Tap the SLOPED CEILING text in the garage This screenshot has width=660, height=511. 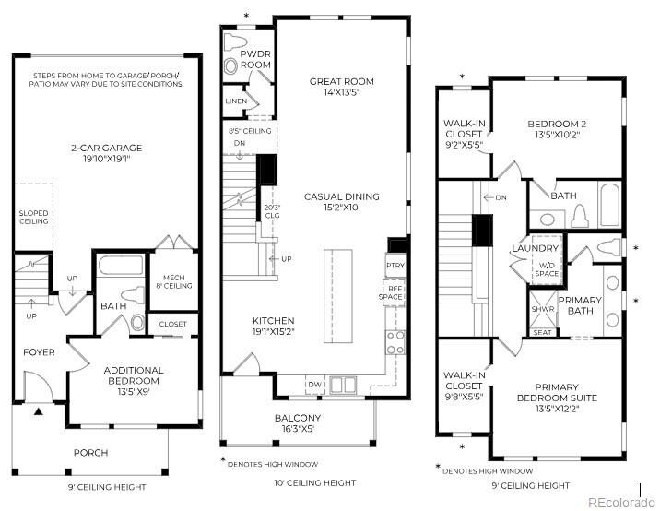click(x=33, y=217)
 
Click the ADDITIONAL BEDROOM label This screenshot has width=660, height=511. click(x=133, y=375)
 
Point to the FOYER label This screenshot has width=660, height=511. click(x=40, y=352)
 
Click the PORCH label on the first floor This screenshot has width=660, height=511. click(x=90, y=453)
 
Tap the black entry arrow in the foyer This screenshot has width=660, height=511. click(x=38, y=411)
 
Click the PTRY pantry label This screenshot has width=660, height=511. click(x=395, y=266)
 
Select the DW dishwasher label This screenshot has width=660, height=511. click(x=314, y=384)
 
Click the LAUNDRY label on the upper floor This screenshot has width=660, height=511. click(x=535, y=249)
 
